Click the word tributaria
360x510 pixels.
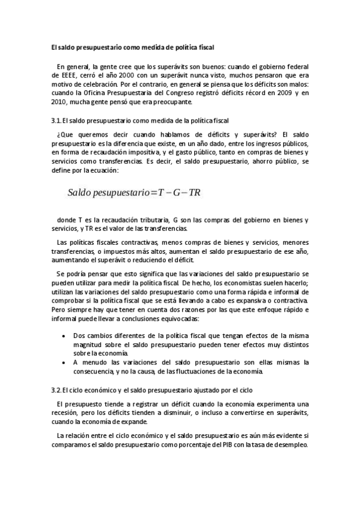(144, 220)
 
